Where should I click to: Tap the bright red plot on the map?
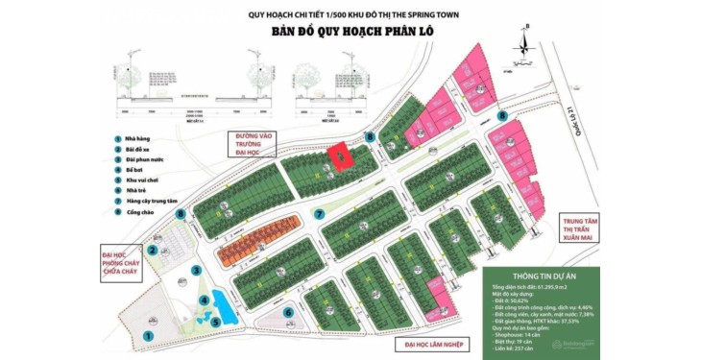(x=337, y=154)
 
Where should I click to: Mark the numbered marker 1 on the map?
(x=148, y=335)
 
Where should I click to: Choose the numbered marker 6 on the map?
(x=289, y=312)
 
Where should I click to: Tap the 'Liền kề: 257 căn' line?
(x=519, y=347)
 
